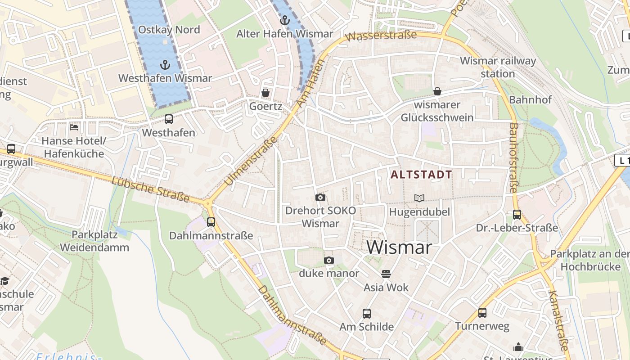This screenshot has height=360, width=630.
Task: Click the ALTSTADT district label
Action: pos(421,175)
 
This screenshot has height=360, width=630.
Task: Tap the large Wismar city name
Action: pos(399,247)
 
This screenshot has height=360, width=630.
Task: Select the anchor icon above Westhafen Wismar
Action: pos(165,65)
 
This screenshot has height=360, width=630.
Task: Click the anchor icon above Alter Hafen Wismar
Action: pos(284,20)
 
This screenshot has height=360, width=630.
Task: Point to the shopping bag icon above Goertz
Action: pos(265,93)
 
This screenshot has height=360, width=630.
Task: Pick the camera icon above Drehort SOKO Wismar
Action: pos(320,197)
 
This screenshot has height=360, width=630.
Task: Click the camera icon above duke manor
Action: pos(329,260)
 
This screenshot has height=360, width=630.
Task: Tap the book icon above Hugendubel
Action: pos(419,198)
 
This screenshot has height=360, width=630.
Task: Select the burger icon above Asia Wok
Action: pos(386,274)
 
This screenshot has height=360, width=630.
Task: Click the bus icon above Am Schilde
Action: pos(367,313)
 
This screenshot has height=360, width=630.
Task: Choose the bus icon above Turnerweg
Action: pos(482,312)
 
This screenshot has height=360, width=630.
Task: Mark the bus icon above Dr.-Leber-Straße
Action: pos(517,214)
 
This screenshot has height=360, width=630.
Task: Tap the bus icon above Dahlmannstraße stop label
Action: pos(211,222)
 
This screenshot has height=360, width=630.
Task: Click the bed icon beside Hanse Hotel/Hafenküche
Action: pos(74,127)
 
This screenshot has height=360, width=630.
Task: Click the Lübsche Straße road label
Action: pos(150,189)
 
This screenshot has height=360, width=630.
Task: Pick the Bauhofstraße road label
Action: pos(513,158)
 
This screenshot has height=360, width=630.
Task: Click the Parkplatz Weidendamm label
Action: pos(94,241)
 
